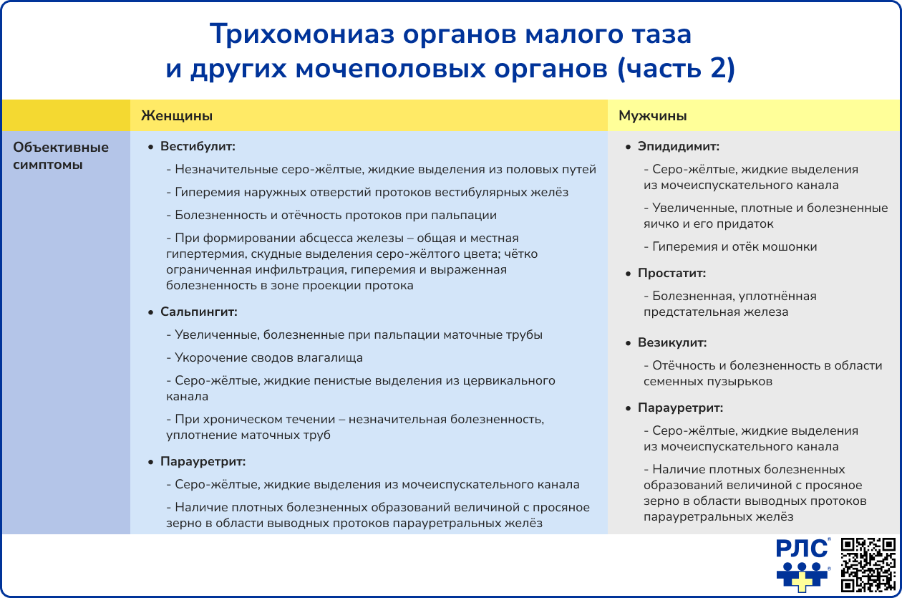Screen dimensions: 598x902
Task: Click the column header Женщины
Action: point(176,116)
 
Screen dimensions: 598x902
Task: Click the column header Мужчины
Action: point(653,116)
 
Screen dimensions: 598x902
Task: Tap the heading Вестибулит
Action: point(198,147)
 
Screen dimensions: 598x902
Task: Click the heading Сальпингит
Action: point(198,312)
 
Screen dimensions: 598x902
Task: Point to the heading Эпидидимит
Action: point(679,147)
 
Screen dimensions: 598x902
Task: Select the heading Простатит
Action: point(671,274)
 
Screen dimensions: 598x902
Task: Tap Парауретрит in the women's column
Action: point(203,462)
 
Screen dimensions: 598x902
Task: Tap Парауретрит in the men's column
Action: point(680,408)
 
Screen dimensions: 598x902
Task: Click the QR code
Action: point(868,565)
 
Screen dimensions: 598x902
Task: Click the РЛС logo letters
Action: point(802,549)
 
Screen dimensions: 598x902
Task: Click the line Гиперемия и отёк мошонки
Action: point(734,247)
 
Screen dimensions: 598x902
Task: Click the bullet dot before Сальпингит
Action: point(150,313)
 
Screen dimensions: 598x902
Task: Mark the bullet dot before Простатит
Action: point(628,274)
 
